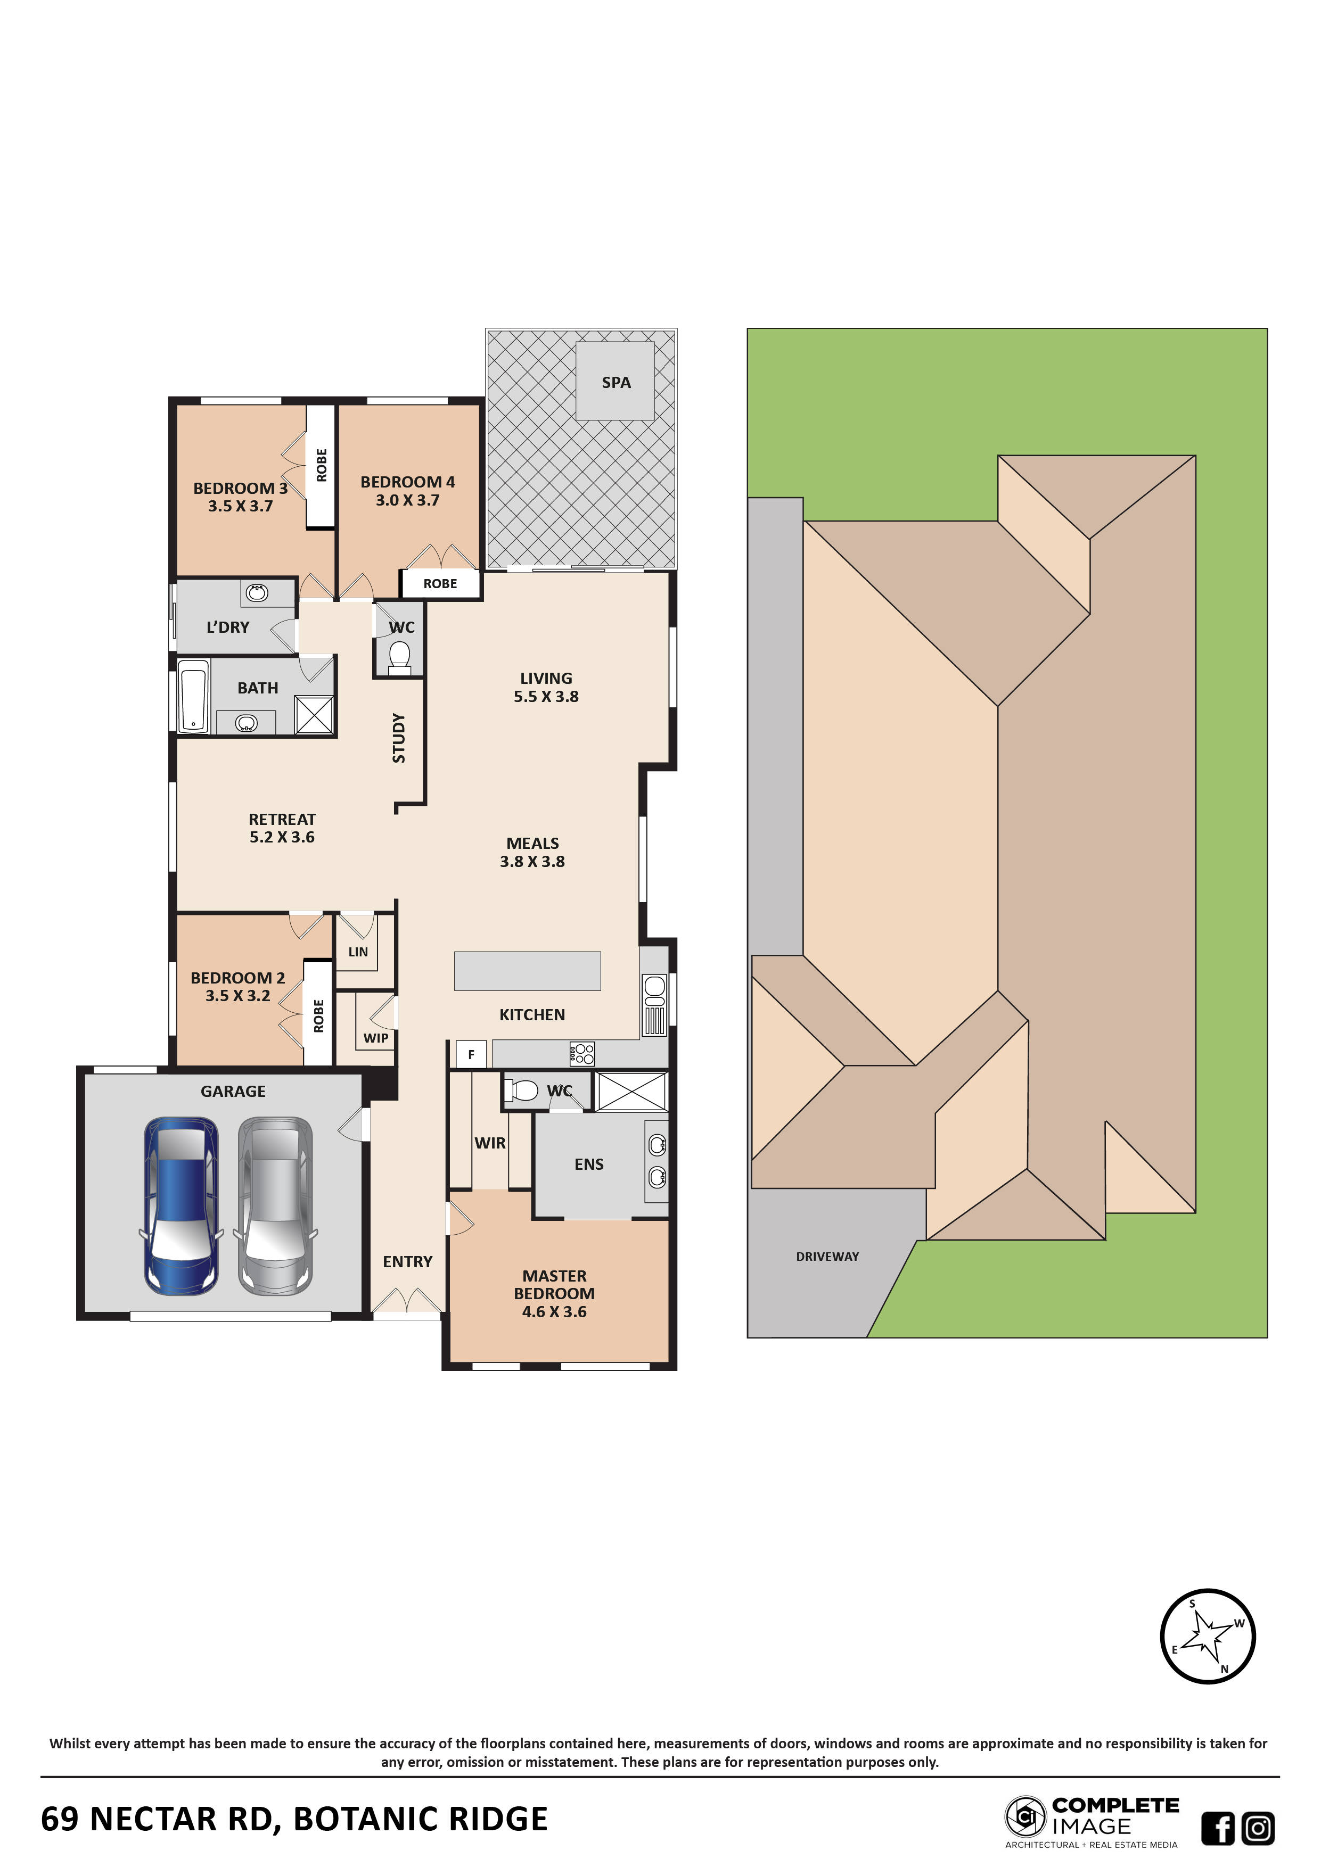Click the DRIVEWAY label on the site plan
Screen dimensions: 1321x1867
[827, 1257]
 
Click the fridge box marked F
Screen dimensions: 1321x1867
[471, 1055]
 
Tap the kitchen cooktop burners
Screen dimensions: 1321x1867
[582, 1054]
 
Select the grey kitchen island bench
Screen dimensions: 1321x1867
[527, 971]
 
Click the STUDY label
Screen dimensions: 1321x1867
[399, 738]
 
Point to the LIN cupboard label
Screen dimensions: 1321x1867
[358, 952]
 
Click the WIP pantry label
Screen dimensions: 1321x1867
[376, 1038]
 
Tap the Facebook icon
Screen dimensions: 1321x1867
[1218, 1829]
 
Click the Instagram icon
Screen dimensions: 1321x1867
[1258, 1829]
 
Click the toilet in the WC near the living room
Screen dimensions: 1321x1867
[399, 658]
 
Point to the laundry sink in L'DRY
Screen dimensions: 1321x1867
[257, 593]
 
